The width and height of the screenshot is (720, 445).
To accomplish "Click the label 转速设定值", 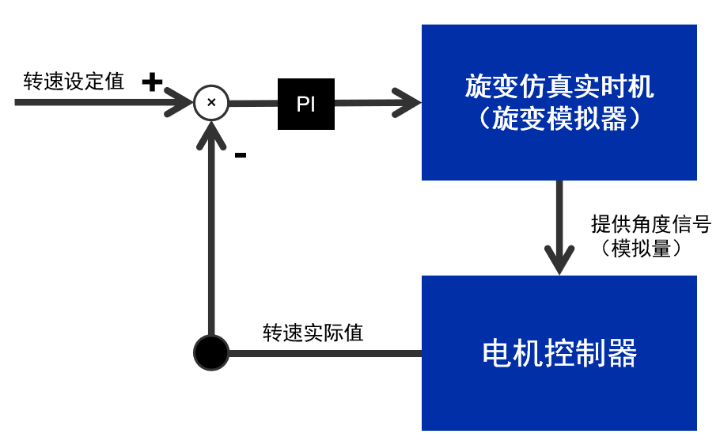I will tap(74, 82).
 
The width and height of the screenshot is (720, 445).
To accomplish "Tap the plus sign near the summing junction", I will tap(152, 81).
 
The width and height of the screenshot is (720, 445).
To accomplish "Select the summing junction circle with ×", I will tap(211, 103).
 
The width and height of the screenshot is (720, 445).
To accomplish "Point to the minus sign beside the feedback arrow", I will tap(241, 155).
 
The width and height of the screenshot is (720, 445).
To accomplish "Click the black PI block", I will tap(305, 104).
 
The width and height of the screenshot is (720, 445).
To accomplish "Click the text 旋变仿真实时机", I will tap(559, 86).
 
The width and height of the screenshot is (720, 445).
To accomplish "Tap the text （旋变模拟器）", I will tap(559, 119).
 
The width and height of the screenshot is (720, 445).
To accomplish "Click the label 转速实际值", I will tap(313, 333).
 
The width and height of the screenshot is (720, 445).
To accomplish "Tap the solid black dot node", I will tap(211, 353).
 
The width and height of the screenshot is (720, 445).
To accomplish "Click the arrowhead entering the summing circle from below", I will tap(211, 135).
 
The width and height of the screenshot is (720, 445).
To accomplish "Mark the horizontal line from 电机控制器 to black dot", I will tap(324, 353).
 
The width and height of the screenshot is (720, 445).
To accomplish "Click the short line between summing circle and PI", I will tap(253, 103).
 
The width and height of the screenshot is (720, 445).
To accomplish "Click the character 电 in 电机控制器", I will tap(495, 354).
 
